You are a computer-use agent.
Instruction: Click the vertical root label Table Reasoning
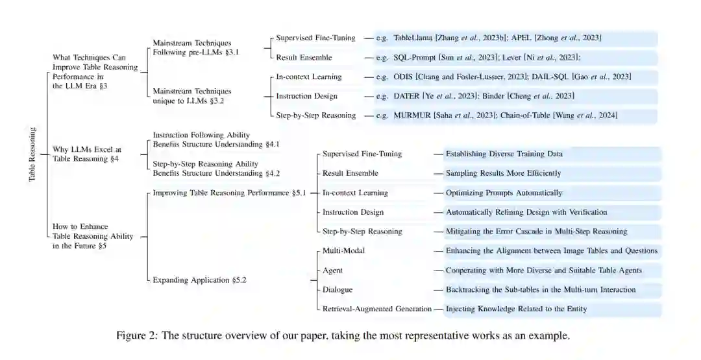32,154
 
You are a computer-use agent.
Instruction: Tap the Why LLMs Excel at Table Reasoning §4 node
87,154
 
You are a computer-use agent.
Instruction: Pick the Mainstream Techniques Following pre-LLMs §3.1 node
195,47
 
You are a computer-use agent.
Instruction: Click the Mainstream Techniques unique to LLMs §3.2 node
191,96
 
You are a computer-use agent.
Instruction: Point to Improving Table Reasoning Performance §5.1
228,193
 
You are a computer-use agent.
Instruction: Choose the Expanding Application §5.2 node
200,280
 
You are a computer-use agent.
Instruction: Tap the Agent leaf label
332,270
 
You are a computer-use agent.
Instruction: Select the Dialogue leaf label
338,289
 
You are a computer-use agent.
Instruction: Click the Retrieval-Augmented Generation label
376,309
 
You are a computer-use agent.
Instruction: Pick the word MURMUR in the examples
412,115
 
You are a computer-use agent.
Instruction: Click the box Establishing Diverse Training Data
504,154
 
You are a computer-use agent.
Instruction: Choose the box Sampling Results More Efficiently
503,173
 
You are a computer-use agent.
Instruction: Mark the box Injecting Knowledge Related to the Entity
516,309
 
